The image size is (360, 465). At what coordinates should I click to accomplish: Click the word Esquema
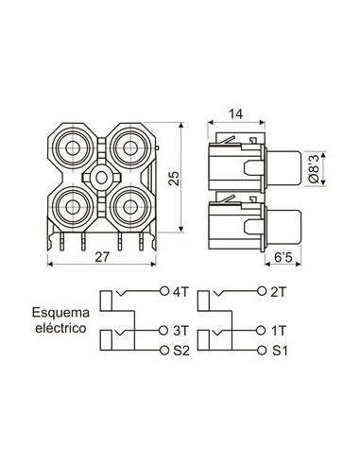click(x=59, y=311)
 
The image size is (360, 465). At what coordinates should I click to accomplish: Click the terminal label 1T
click(x=280, y=330)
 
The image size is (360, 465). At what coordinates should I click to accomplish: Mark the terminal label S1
click(x=280, y=351)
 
